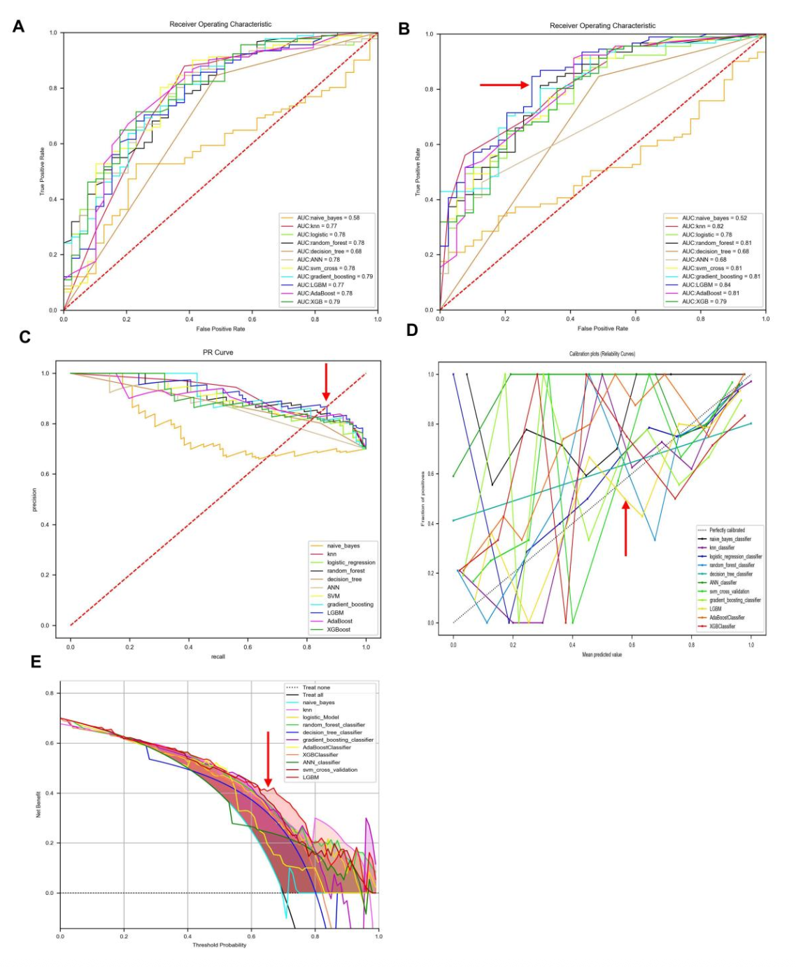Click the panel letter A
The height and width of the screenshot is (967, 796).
coord(18,27)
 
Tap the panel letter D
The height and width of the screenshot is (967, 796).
coord(412,329)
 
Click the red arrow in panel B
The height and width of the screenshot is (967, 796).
coord(504,85)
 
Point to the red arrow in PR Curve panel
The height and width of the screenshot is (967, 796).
coord(325,383)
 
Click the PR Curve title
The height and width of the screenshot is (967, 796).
coord(218,352)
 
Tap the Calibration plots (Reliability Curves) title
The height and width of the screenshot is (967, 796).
coord(602,354)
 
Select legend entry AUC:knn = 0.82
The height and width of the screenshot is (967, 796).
coord(702,226)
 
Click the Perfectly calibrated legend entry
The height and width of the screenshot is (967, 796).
coord(727,530)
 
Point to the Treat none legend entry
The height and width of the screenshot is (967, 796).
coord(316,687)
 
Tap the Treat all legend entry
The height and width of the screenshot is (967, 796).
coord(313,695)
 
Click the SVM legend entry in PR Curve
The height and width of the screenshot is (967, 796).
coord(334,596)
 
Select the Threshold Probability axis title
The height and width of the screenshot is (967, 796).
coord(220,945)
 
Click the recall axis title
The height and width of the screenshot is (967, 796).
coord(218,656)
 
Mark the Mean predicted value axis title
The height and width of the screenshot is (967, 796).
coord(602,654)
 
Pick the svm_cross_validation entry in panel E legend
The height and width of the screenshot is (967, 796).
coord(329,770)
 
